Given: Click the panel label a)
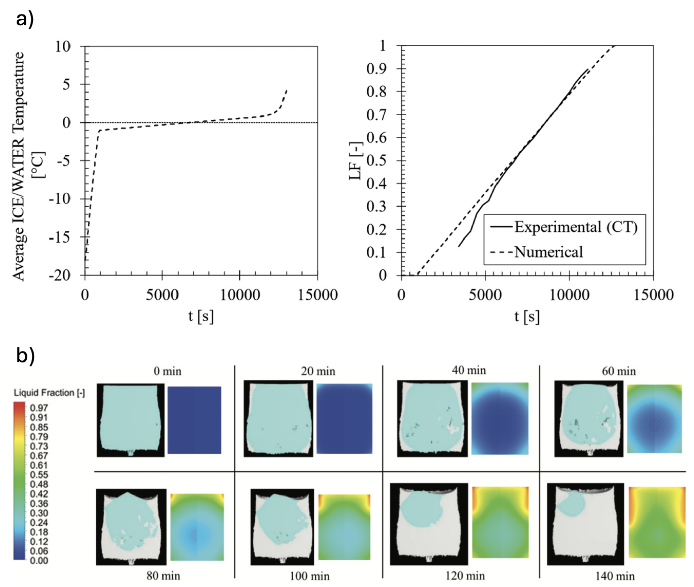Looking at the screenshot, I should pos(25,19).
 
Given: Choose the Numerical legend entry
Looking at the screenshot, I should pos(548,252).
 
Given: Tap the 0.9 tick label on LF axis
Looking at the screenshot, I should pos(376,69).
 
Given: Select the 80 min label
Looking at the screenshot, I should pos(163,575).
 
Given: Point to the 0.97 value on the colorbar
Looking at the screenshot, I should pos(39,408).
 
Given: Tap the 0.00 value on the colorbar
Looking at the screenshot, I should pos(39,560).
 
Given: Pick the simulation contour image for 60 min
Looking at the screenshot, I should pos(654,419).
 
